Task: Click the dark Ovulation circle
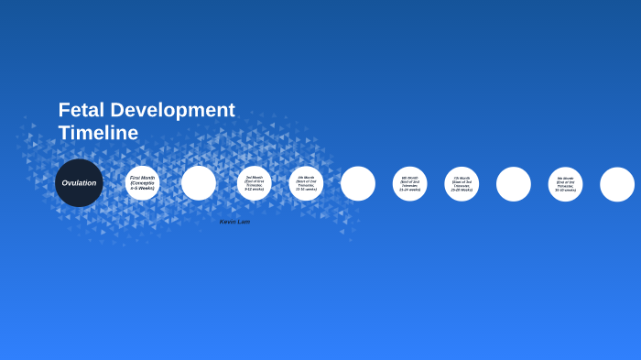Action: pos(79,182)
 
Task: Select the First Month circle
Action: pos(142,182)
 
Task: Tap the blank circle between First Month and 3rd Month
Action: pos(199,182)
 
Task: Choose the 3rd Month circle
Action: pos(255,182)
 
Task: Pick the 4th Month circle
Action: pos(306,182)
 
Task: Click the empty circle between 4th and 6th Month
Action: pos(358,183)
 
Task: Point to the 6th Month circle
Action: pos(410,183)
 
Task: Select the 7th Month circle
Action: pos(462,183)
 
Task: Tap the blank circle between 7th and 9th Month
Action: pos(514,183)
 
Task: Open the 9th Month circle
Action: pos(566,183)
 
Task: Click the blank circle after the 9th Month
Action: pos(617,184)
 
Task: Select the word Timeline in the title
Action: pos(98,133)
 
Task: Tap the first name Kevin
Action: pos(228,222)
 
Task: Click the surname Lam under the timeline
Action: pos(244,222)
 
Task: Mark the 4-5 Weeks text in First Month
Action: pos(142,188)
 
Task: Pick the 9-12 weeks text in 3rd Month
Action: pos(255,189)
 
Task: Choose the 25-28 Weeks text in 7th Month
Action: pos(462,189)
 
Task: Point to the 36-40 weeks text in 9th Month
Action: pos(566,190)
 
